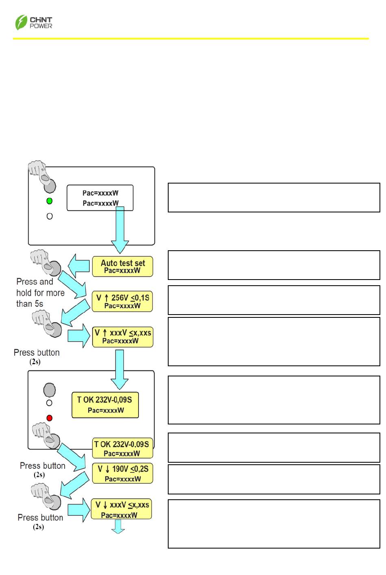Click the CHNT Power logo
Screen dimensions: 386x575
click(x=34, y=22)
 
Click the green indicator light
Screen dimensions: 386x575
click(x=50, y=201)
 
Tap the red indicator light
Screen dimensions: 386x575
click(x=50, y=418)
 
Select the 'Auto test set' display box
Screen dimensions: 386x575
click(x=123, y=267)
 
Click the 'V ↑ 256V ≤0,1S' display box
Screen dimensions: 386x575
click(x=122, y=302)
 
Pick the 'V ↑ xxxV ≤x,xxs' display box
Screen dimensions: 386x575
click(x=123, y=337)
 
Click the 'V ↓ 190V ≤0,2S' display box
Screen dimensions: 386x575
click(x=123, y=473)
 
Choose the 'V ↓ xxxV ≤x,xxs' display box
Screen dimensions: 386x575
click(x=121, y=509)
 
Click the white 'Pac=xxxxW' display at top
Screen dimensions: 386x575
click(x=100, y=198)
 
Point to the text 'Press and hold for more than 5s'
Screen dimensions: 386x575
click(x=40, y=293)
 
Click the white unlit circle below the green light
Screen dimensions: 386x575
click(x=50, y=216)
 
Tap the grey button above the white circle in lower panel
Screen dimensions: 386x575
click(x=50, y=390)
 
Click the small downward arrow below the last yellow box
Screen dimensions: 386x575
click(x=118, y=527)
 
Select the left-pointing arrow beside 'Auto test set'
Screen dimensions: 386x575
click(x=79, y=266)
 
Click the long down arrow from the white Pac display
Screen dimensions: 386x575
click(x=120, y=230)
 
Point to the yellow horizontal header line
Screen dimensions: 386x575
click(x=191, y=39)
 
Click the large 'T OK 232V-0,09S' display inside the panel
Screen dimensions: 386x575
click(x=105, y=405)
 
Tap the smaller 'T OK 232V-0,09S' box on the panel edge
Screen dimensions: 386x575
click(x=123, y=448)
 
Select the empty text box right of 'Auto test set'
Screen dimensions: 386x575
click(x=274, y=265)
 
